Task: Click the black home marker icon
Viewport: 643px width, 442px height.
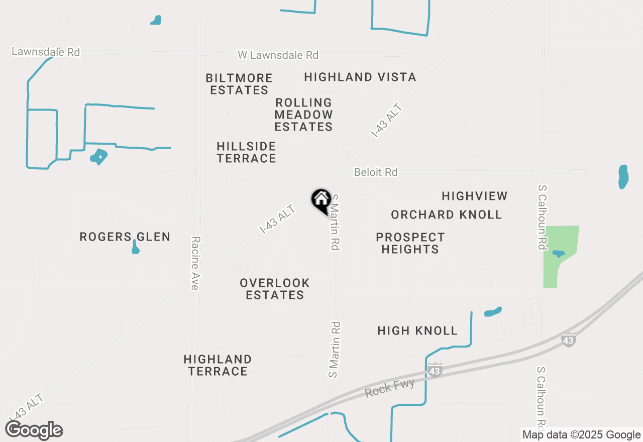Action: pyautogui.click(x=321, y=200)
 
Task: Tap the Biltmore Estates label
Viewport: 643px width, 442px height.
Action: pyautogui.click(x=239, y=84)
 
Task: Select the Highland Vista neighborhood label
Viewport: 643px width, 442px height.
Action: pyautogui.click(x=360, y=77)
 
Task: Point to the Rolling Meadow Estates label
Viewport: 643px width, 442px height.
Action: pyautogui.click(x=303, y=115)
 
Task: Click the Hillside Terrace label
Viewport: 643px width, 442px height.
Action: pyautogui.click(x=246, y=152)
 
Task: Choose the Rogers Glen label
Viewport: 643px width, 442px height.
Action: pyautogui.click(x=125, y=237)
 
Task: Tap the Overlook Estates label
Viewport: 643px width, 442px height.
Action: pyautogui.click(x=275, y=289)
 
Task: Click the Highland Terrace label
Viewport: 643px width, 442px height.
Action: pyautogui.click(x=218, y=365)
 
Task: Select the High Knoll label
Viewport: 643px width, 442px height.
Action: pyautogui.click(x=417, y=330)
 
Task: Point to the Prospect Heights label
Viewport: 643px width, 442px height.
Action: pyautogui.click(x=410, y=243)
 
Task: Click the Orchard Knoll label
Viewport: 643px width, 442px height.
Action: pyautogui.click(x=446, y=214)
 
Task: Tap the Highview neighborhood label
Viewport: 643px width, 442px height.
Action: pyautogui.click(x=474, y=196)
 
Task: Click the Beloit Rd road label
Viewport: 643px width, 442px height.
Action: pyautogui.click(x=375, y=172)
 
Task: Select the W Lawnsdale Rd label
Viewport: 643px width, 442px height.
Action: pyautogui.click(x=278, y=55)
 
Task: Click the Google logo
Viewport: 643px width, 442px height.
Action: pyautogui.click(x=34, y=430)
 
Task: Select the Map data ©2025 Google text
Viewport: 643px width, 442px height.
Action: pyautogui.click(x=581, y=435)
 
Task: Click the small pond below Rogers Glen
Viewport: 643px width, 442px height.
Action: pyautogui.click(x=135, y=248)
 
